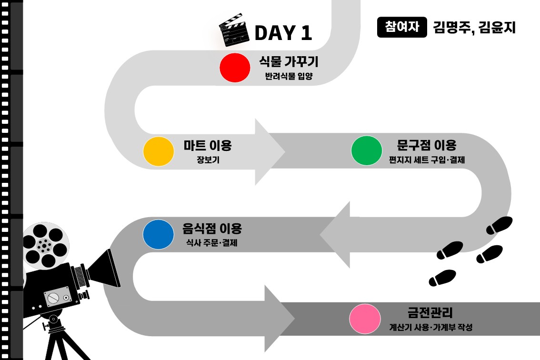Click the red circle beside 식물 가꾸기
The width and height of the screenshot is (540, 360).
coord(235,68)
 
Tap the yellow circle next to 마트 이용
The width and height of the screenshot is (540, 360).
coord(159,151)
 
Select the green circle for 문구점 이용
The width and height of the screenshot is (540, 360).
coord(367,150)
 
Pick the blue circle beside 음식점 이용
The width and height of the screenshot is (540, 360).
coord(158,234)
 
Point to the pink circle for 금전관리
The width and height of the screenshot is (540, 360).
coord(365,319)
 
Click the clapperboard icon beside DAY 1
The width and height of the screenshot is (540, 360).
coord(234,30)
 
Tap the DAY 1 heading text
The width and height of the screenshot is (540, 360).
coord(283,33)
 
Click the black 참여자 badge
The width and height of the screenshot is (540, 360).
coord(402,27)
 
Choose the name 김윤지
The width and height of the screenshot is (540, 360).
coord(497,28)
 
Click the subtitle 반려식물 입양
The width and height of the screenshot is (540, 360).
coord(289,76)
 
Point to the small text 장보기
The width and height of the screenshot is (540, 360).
coord(208,160)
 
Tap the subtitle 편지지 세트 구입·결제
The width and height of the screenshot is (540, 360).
coord(427,160)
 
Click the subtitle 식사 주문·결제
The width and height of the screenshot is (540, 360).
coord(211,242)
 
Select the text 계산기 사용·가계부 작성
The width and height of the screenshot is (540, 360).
coord(430,327)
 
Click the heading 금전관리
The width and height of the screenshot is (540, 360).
coord(430,312)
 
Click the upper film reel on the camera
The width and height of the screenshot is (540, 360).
coord(45,245)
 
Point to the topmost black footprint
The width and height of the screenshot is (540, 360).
coord(500,225)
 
